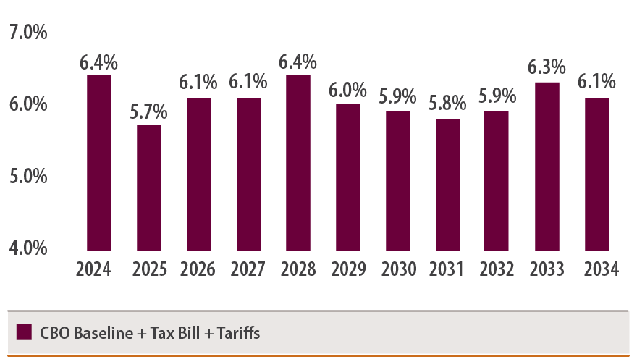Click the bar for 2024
click(x=99, y=162)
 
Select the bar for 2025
click(x=149, y=187)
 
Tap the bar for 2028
click(x=298, y=162)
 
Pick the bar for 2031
click(x=447, y=185)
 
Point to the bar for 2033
click(x=547, y=166)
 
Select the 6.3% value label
click(x=547, y=68)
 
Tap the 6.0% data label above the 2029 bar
click(x=348, y=90)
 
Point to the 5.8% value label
click(x=447, y=106)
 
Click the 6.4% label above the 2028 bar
click(x=298, y=62)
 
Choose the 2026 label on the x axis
click(x=198, y=269)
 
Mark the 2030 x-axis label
click(x=398, y=269)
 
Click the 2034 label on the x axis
click(x=600, y=269)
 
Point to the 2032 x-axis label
click(x=497, y=269)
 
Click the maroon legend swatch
click(x=24, y=332)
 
